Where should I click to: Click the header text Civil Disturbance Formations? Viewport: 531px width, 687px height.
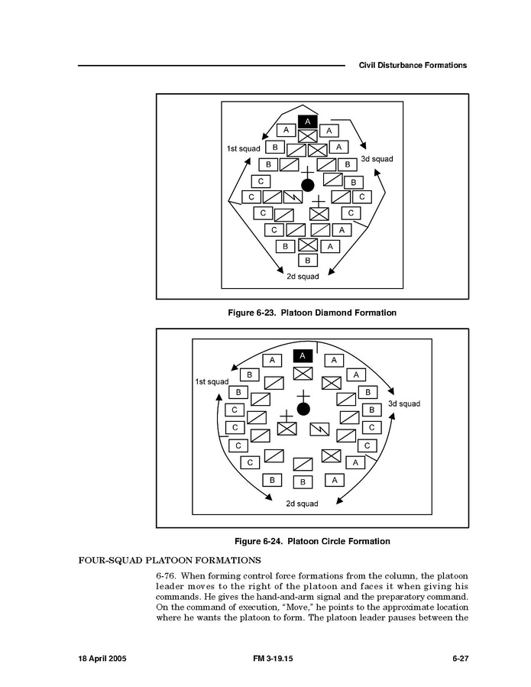click(413, 65)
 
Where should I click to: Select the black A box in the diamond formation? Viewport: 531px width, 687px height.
click(307, 122)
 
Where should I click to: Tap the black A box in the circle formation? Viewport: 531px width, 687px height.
click(303, 356)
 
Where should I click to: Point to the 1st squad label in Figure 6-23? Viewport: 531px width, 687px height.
click(244, 147)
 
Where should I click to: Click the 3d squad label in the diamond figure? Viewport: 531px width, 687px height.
click(377, 159)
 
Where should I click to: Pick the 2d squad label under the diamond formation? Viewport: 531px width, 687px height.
click(303, 276)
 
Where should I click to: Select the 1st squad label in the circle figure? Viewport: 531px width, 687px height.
click(212, 381)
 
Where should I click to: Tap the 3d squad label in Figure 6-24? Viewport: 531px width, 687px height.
click(403, 403)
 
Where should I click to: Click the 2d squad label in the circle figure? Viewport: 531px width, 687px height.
click(302, 504)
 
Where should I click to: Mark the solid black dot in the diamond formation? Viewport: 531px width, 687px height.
click(307, 185)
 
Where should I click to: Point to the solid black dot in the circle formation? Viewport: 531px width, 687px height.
click(303, 409)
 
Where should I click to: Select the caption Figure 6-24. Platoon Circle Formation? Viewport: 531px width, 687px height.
click(312, 541)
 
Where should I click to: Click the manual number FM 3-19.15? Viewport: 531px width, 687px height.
click(263, 659)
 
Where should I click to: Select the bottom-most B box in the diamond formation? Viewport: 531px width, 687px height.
click(307, 261)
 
